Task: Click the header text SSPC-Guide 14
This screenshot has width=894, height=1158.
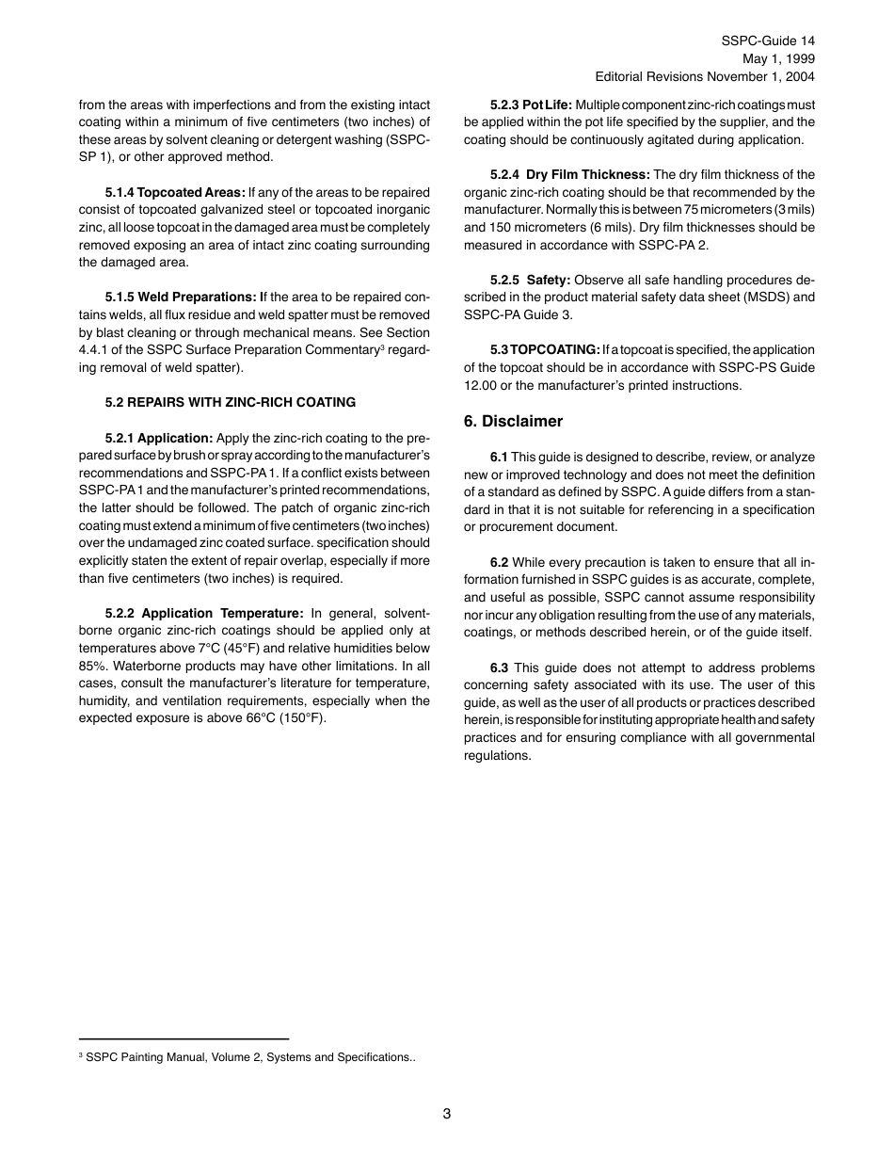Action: (768, 40)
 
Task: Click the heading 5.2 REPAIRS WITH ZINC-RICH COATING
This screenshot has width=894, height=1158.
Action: (231, 402)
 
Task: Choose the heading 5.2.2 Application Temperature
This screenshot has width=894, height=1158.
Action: (204, 613)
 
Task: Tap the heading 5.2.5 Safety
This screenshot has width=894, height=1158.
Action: (530, 280)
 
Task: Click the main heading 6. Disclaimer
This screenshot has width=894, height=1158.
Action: (513, 422)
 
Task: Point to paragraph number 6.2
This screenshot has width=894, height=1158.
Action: (499, 562)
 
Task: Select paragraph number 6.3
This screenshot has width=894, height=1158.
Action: (499, 667)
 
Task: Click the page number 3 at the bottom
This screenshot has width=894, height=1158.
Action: (447, 1114)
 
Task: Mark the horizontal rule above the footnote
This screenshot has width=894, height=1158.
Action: (184, 1038)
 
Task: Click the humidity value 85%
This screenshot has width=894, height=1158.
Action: (92, 666)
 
